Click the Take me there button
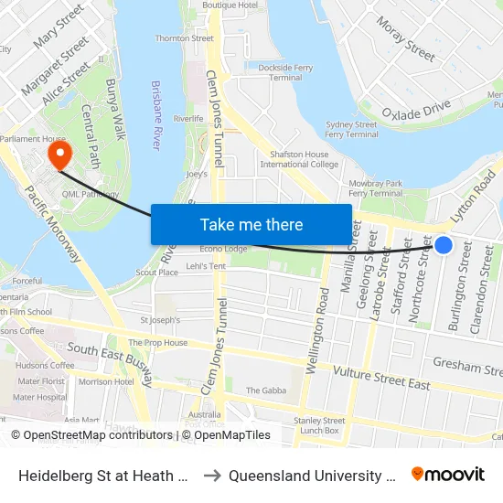pos(251,224)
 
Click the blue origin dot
pos(444,244)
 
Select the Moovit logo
pos(447,474)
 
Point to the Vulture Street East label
pos(381,378)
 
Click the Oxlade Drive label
pos(416,111)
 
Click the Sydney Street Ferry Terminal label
pos(352,129)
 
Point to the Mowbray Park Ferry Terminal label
pos(376,188)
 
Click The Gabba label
pos(266,391)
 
